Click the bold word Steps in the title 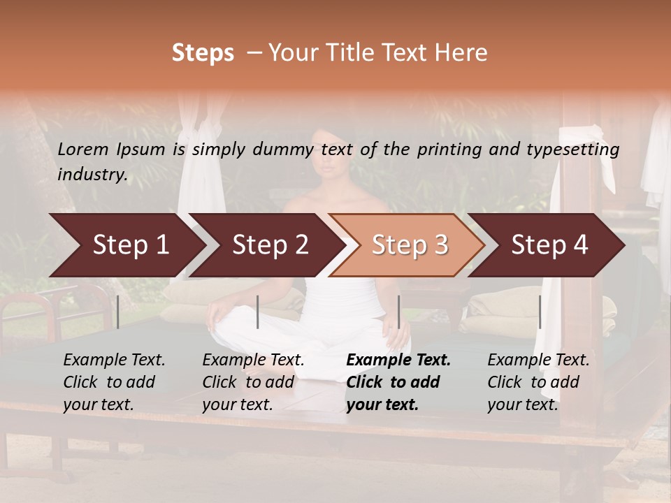(203, 53)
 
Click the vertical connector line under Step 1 (118, 312)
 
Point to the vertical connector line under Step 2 (258, 312)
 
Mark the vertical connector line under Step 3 (399, 312)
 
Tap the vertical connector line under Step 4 (540, 312)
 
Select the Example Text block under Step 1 (113, 382)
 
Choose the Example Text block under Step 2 (253, 382)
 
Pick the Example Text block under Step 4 (537, 382)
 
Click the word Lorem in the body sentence (83, 149)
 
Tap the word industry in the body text (92, 175)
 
